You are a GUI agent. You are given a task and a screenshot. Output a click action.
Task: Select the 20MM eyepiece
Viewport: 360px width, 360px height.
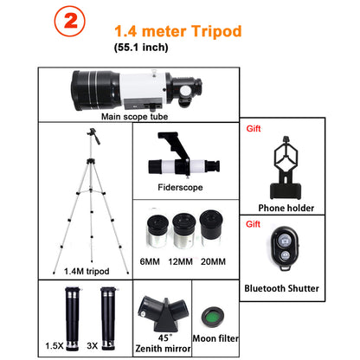click(x=210, y=224)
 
